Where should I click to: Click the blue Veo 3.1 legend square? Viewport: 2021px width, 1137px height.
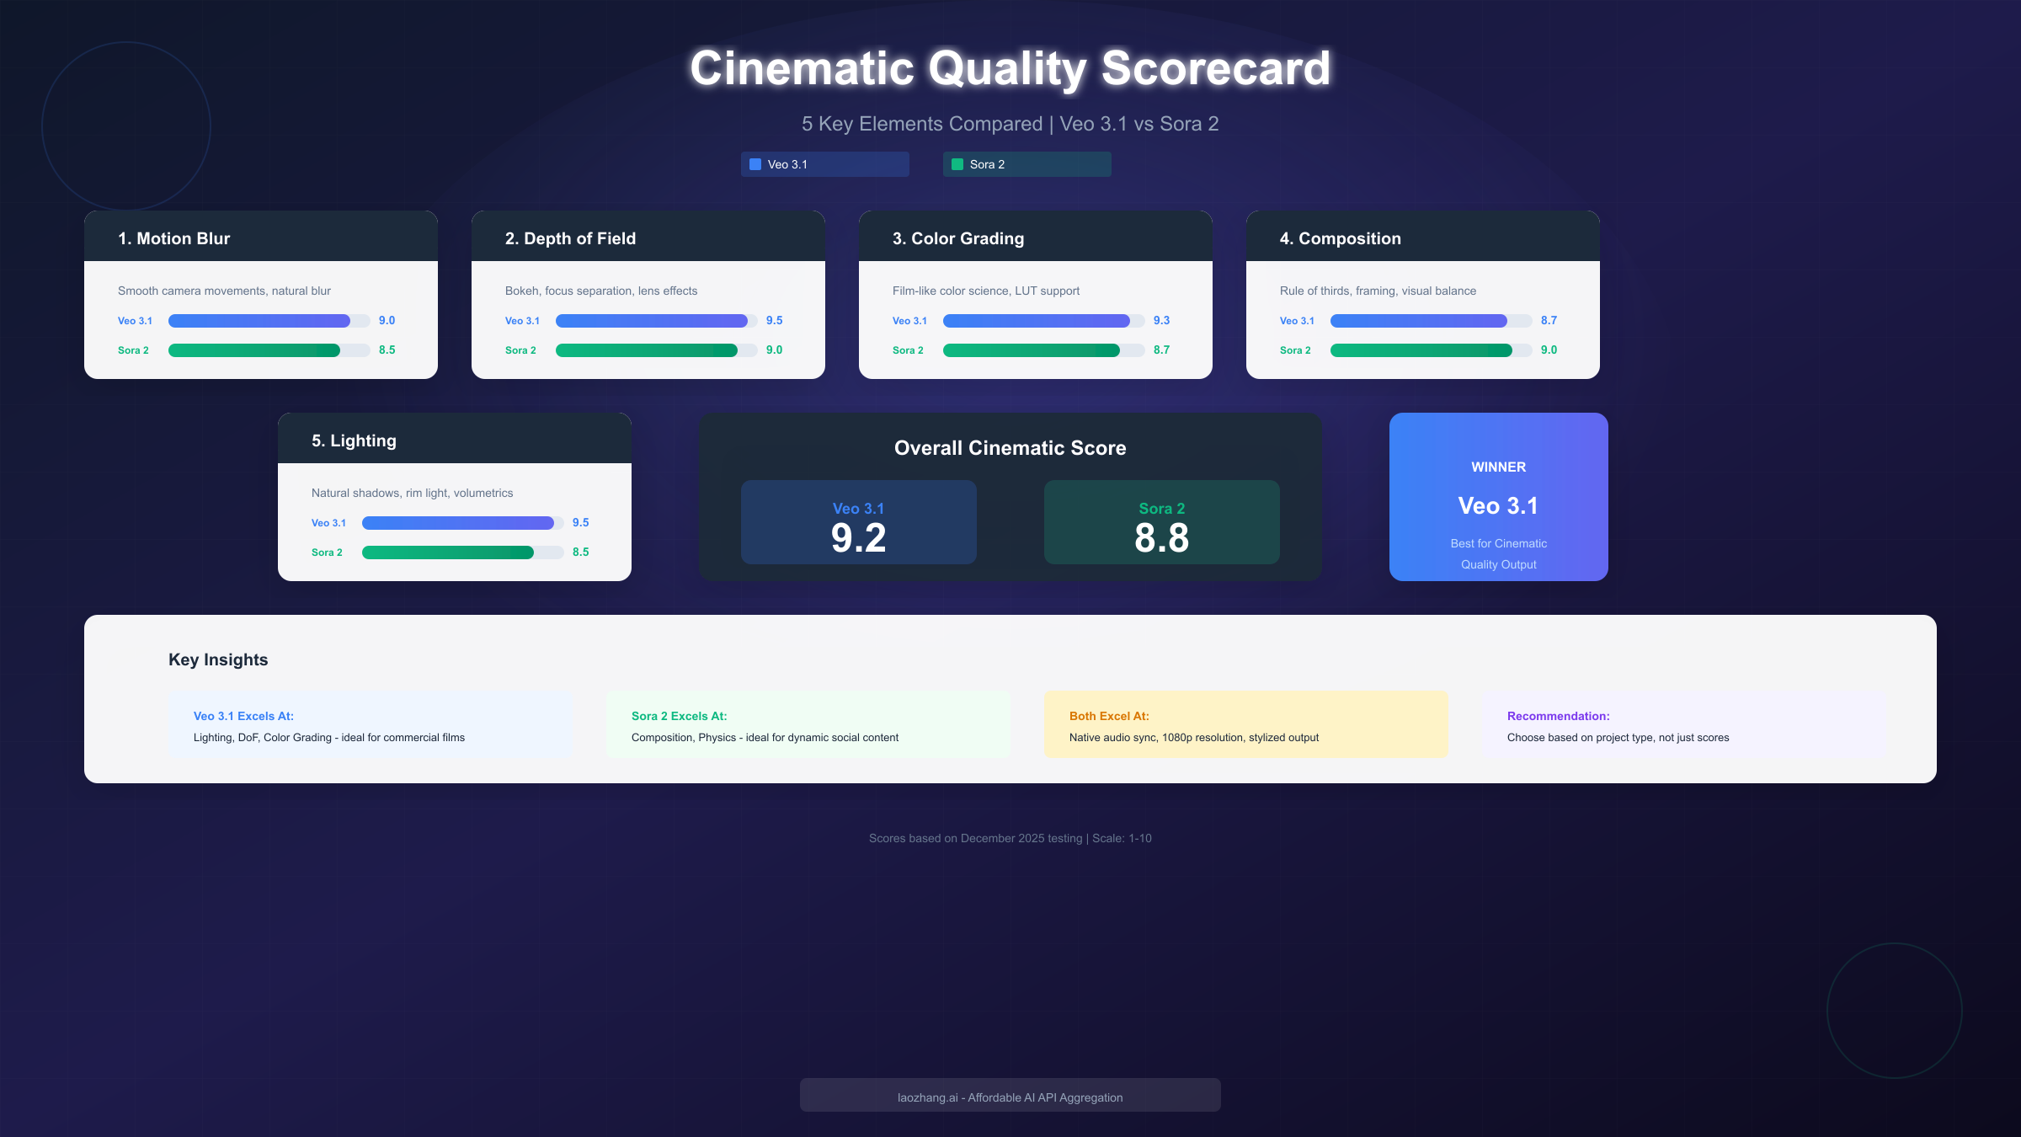(755, 164)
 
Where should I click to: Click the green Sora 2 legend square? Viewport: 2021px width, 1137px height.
(957, 164)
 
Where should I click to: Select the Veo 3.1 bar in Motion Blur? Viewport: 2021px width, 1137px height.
(259, 321)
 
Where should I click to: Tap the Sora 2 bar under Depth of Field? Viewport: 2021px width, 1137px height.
(647, 350)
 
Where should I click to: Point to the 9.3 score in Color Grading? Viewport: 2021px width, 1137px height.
(1161, 321)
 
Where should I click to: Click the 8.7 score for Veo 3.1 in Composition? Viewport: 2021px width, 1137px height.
(1549, 321)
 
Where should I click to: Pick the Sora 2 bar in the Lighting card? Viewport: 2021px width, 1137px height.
(448, 552)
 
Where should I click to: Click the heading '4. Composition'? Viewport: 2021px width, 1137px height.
(1340, 238)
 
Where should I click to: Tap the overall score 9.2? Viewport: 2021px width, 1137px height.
(858, 538)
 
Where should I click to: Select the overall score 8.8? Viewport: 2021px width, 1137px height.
(1161, 538)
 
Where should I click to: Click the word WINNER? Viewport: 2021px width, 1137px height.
(1498, 467)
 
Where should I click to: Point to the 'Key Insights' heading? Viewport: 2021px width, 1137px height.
(218, 659)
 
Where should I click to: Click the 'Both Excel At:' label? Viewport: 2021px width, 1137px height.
(1109, 716)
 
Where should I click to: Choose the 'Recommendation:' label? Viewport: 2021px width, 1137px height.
(1558, 716)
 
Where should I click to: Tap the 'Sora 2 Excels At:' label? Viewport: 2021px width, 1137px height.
(679, 716)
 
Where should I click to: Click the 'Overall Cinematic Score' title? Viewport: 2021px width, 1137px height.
(1010, 448)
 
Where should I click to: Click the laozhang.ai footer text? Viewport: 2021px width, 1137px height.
(1010, 1097)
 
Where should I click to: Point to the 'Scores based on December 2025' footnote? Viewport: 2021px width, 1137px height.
(1010, 838)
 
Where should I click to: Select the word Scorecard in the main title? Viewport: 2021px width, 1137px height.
(1215, 68)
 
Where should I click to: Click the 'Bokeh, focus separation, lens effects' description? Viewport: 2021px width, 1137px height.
(601, 291)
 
